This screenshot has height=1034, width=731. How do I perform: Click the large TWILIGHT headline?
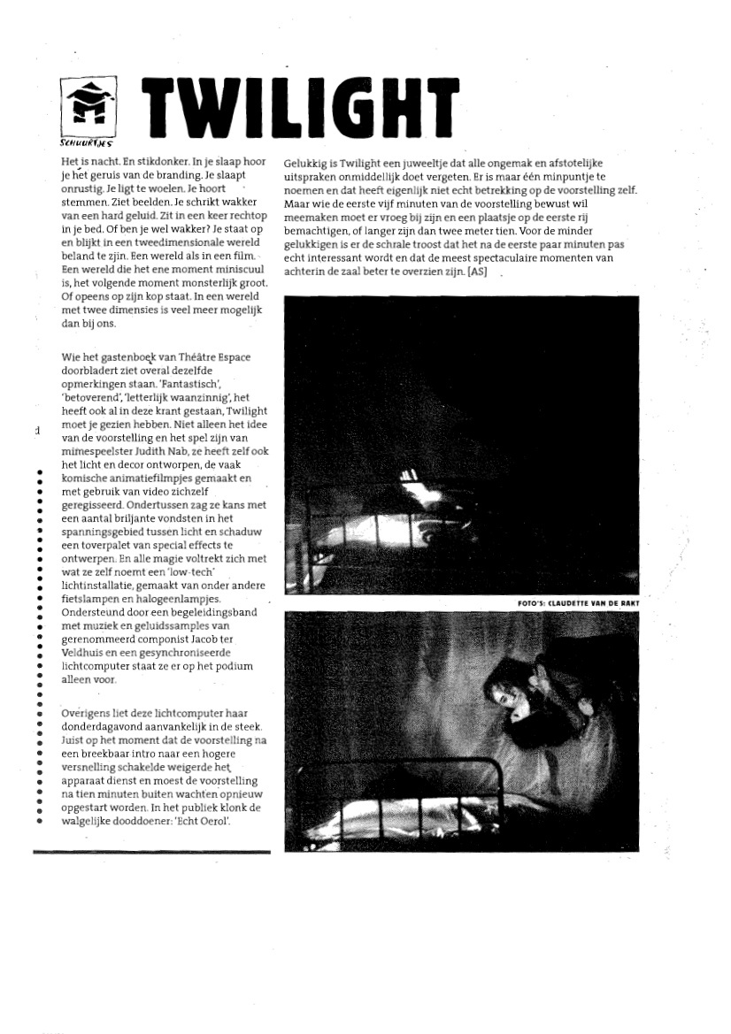301,113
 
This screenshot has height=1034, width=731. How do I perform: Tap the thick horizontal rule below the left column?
151,852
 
